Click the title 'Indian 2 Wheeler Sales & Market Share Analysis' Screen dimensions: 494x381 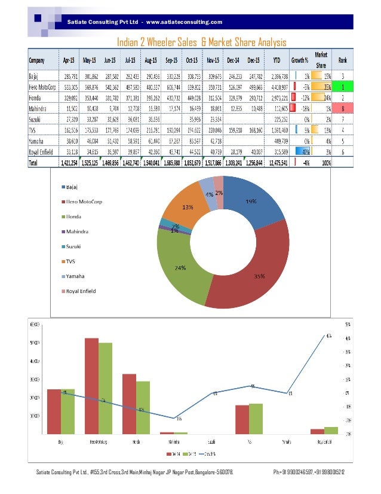point(201,42)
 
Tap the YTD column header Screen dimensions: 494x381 point(276,60)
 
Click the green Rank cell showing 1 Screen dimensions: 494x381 point(342,87)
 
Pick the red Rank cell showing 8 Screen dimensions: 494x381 point(342,109)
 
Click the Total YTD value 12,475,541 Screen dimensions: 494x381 point(275,163)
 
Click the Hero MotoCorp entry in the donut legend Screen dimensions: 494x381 point(84,202)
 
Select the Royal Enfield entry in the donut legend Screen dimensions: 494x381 point(81,291)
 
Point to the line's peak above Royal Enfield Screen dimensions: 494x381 point(327,336)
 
